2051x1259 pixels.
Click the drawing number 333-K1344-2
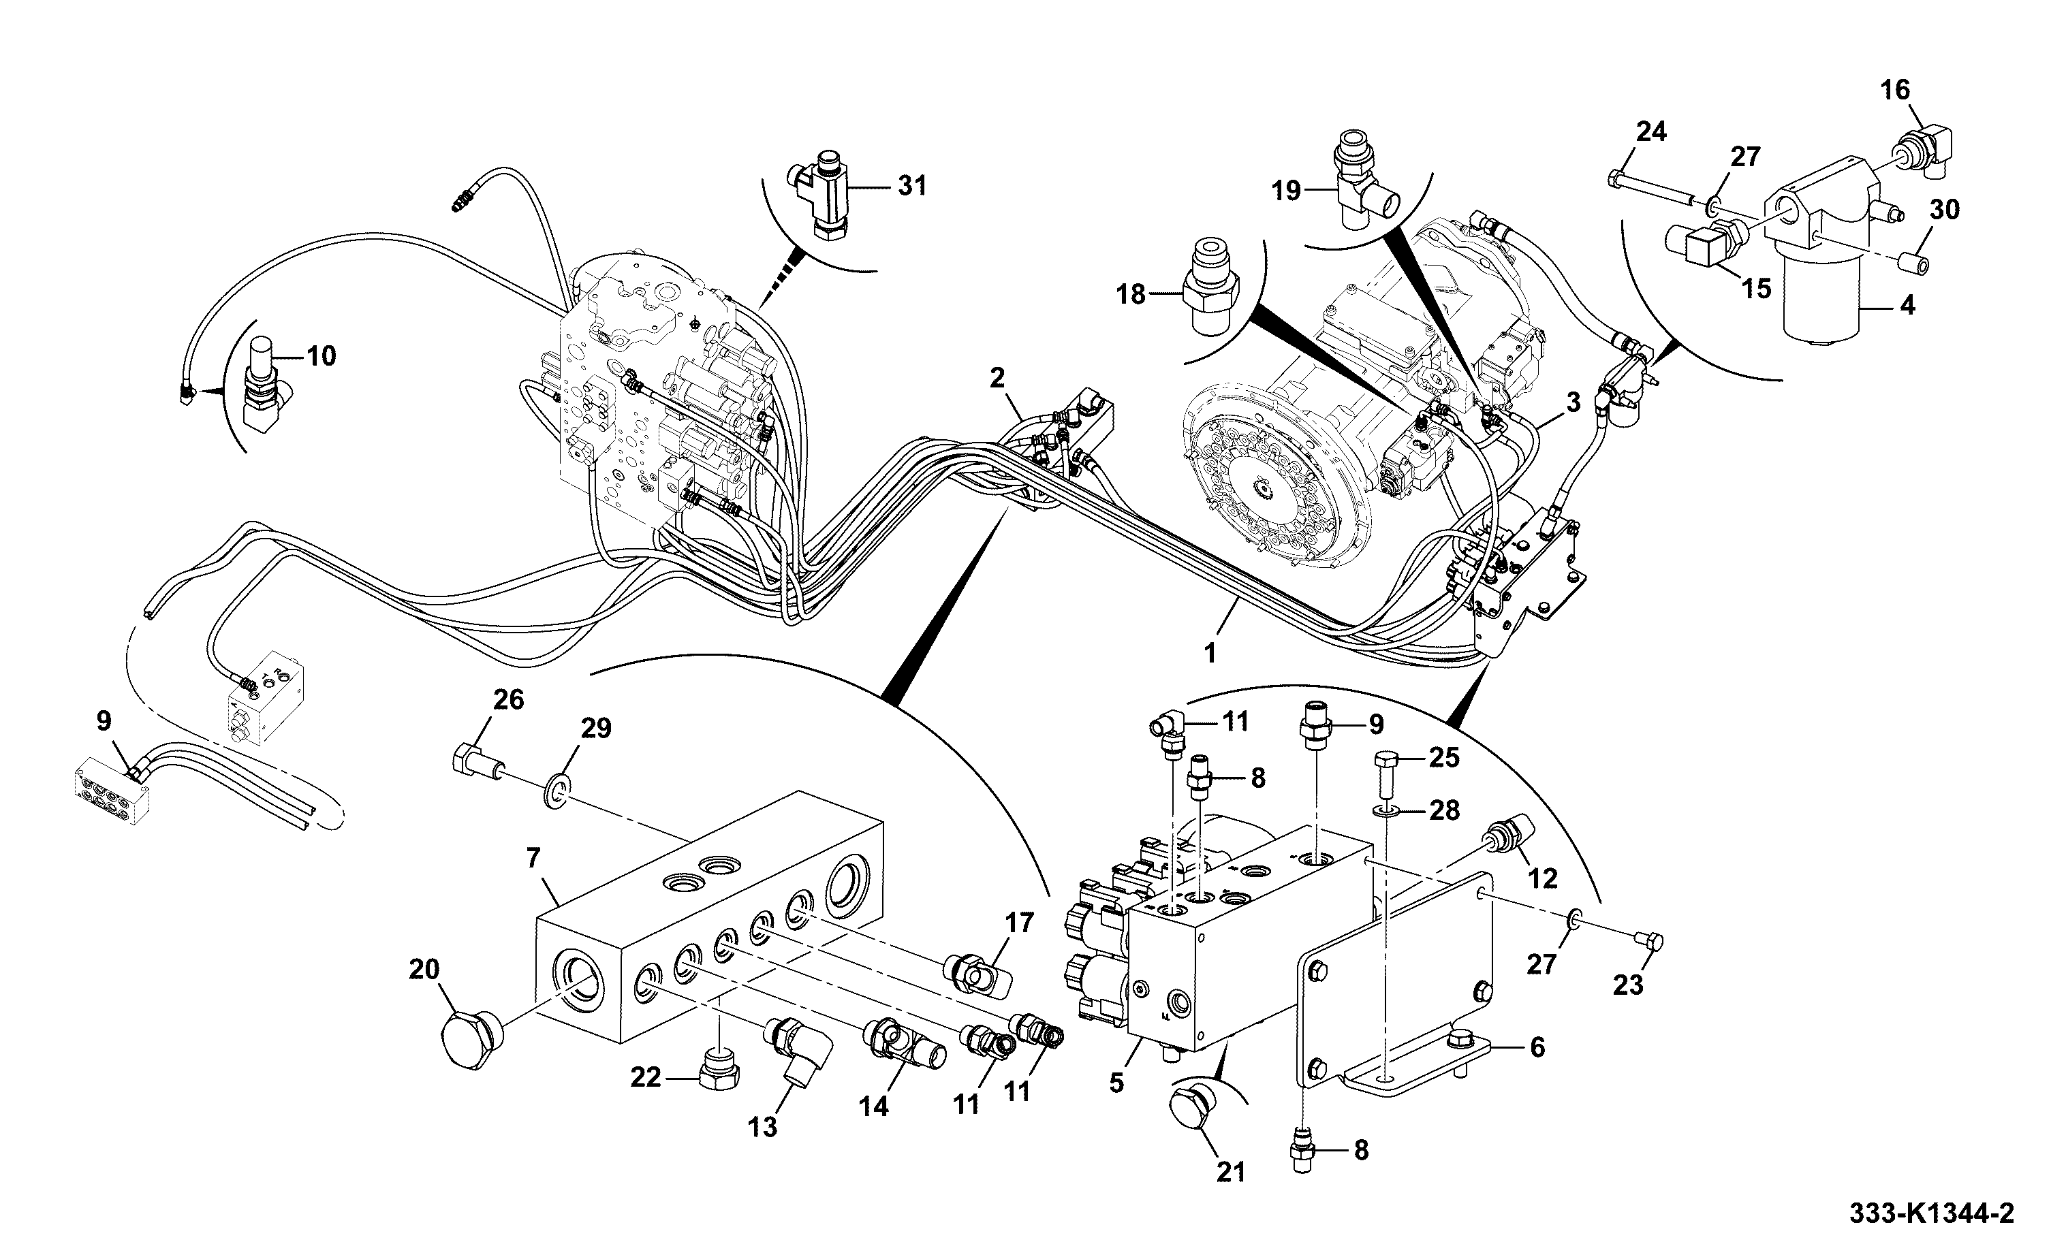[1931, 1214]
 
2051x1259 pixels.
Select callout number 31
[912, 186]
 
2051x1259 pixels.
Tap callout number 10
[322, 356]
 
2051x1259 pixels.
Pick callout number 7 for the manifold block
[534, 857]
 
